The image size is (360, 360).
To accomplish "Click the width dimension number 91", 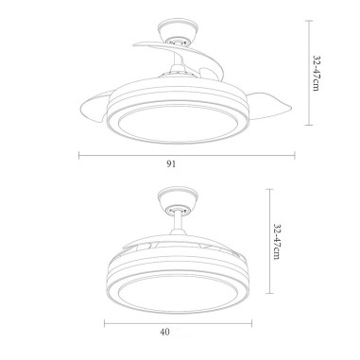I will pos(172,163).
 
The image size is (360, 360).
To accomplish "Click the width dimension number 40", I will pos(164,332).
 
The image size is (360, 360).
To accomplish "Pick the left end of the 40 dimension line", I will pos(104,320).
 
